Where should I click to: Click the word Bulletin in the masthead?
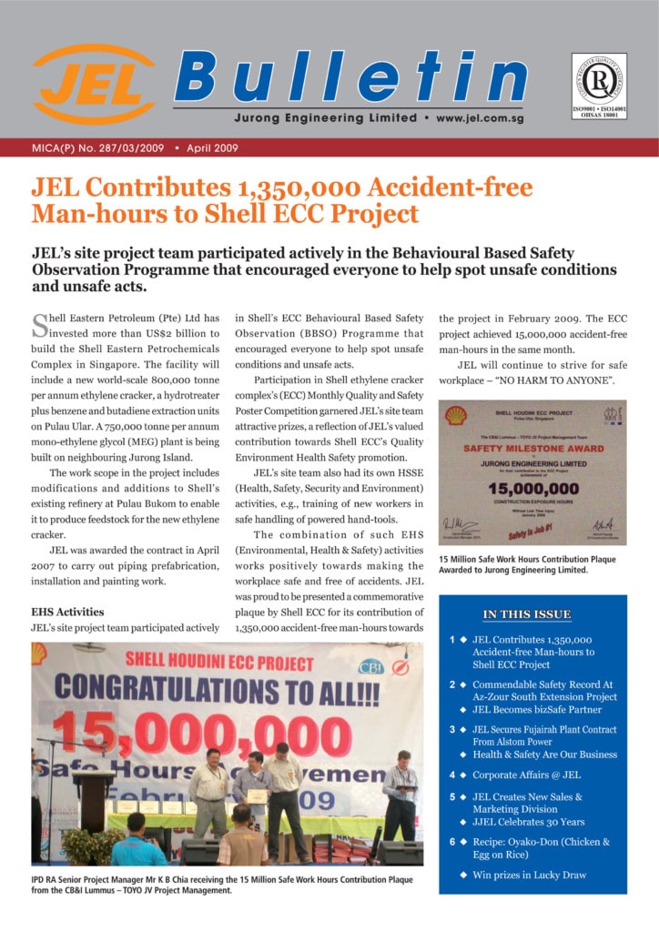point(350,76)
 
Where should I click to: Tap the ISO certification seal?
point(599,84)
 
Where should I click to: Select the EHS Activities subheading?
point(67,612)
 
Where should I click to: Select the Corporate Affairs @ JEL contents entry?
point(526,775)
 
